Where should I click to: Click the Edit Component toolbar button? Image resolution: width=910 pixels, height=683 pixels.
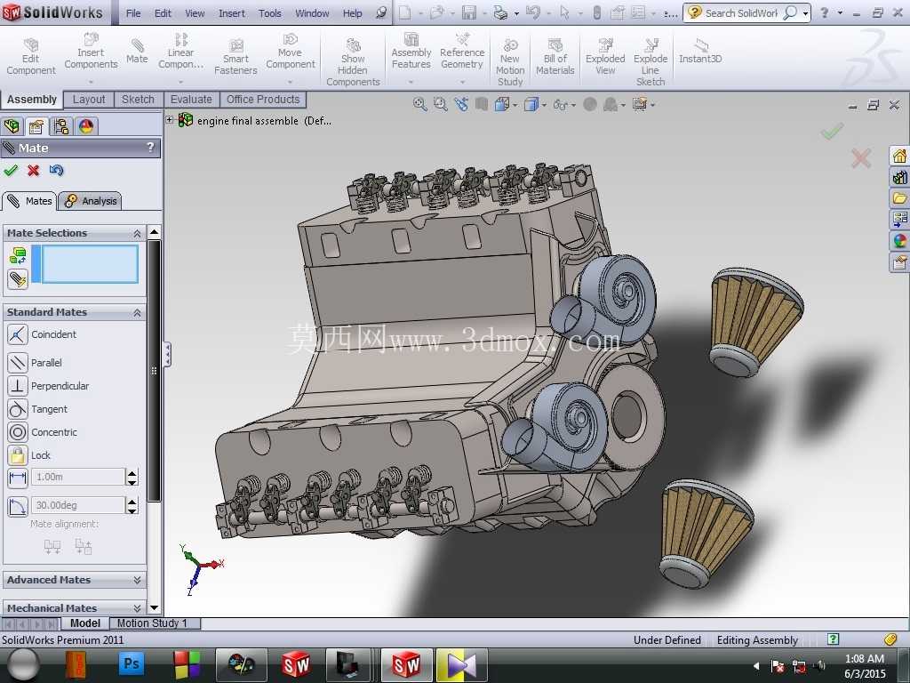click(x=31, y=56)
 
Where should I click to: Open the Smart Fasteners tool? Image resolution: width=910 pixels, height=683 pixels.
click(x=235, y=56)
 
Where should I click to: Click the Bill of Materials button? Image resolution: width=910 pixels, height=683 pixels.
click(x=555, y=56)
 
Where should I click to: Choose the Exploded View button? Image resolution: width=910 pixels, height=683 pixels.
click(x=605, y=56)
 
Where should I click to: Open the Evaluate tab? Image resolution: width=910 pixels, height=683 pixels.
click(x=191, y=100)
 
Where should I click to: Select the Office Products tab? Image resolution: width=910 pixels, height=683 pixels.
click(x=263, y=100)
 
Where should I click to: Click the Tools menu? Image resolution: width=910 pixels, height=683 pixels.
click(x=270, y=12)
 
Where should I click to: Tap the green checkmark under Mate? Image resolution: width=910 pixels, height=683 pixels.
click(x=11, y=170)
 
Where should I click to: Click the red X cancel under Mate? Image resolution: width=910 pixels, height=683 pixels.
click(x=34, y=170)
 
